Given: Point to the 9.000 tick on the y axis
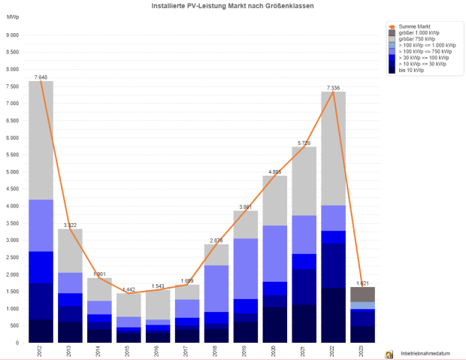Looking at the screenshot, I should coord(12,35).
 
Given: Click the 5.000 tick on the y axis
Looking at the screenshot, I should coord(12,171).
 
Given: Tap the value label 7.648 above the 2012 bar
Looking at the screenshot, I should coord(41,77).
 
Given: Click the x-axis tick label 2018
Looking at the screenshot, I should coord(216,351).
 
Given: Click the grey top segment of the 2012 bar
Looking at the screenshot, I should coord(41,140).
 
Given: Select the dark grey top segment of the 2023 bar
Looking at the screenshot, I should coord(362,294).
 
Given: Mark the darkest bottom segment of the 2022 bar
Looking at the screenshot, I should coord(333,315).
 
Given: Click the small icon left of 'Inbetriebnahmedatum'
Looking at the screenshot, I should coord(389,353).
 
